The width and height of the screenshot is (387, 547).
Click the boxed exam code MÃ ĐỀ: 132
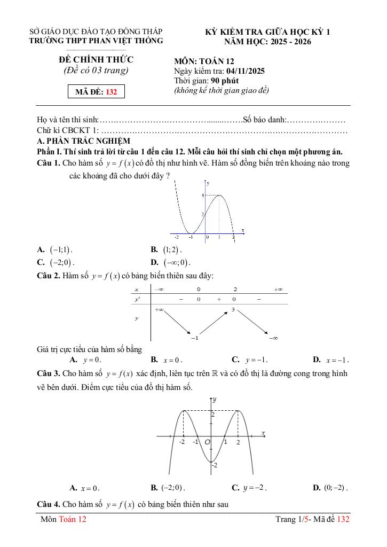tap(96, 92)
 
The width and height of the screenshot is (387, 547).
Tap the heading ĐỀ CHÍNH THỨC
tap(96, 59)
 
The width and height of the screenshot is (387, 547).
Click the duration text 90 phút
tap(225, 81)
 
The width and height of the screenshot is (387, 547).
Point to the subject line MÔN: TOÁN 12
tap(204, 61)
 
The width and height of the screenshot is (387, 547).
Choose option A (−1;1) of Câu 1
tap(55, 249)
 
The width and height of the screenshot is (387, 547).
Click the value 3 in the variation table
tap(233, 310)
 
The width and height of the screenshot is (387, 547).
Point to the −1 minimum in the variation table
tap(195, 338)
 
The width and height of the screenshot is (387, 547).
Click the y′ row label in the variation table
tap(137, 300)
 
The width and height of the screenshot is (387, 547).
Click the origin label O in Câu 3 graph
tap(207, 442)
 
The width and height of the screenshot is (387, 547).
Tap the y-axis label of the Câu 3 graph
tap(214, 400)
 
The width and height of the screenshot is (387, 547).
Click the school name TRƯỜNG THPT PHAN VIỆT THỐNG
tap(96, 41)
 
